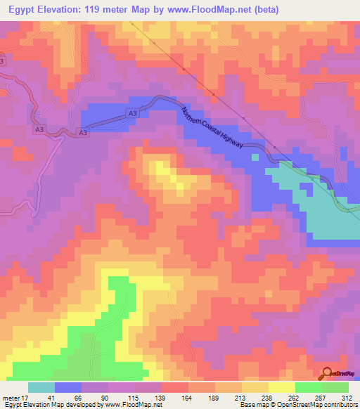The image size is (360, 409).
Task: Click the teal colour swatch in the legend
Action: click(x=41, y=387)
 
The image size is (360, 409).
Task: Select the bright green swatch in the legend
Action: click(x=308, y=387)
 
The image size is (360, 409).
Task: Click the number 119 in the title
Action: click(x=88, y=10)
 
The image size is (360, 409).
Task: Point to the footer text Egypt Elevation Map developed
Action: click(x=49, y=405)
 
